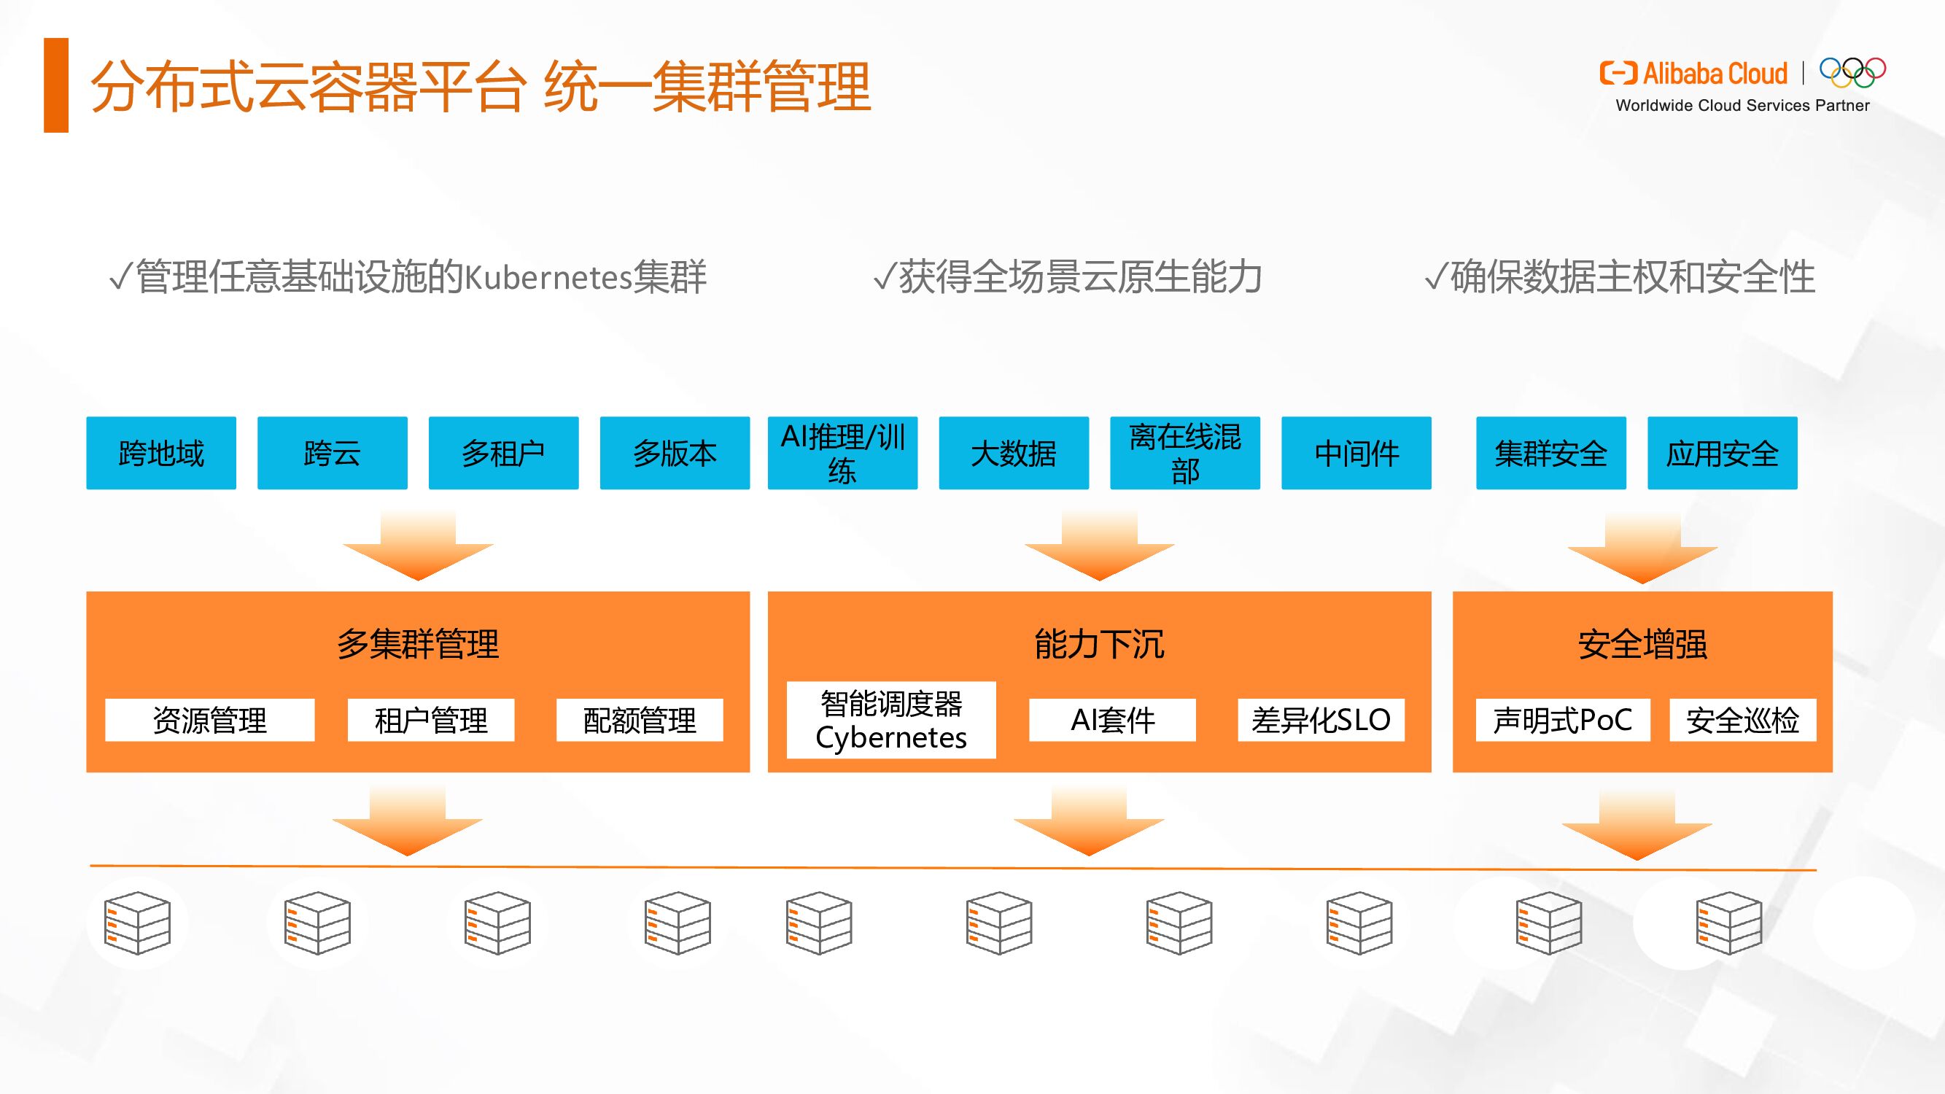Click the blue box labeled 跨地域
tap(161, 453)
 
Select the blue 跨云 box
tap(333, 453)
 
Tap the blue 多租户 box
tap(504, 453)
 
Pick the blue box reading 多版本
tap(675, 453)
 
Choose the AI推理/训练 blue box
tap(842, 453)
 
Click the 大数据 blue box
tap(1014, 453)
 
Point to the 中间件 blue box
tap(1356, 453)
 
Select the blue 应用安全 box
tap(1723, 453)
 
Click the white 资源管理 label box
tap(210, 720)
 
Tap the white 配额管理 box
tap(640, 720)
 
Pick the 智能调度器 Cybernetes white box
tap(891, 720)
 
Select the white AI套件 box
tap(1112, 720)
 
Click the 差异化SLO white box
tap(1321, 720)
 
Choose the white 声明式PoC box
tap(1562, 720)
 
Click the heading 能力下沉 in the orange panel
tap(1099, 644)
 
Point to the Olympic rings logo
tap(1852, 73)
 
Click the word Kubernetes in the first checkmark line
tap(548, 278)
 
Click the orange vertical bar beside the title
tap(57, 85)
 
